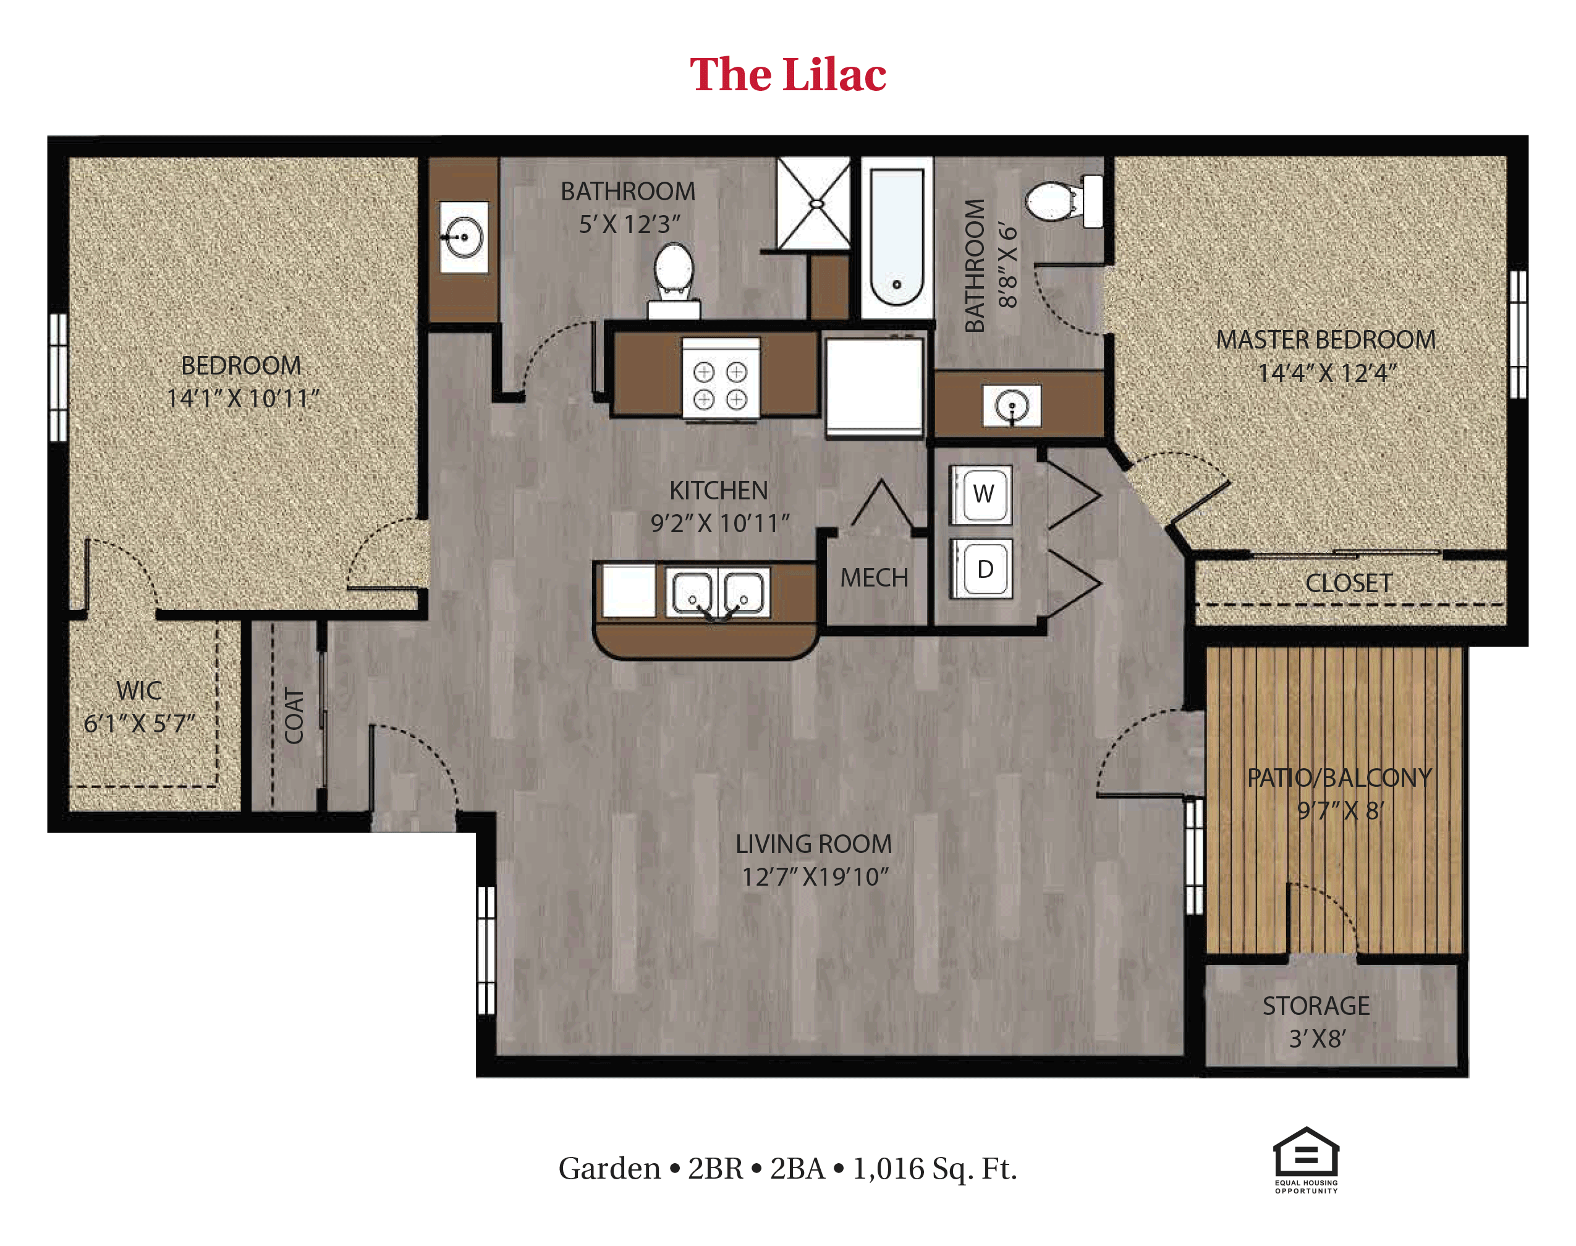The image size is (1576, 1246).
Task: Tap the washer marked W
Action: (981, 494)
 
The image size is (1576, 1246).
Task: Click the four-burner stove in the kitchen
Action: (721, 378)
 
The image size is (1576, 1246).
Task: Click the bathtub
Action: (896, 238)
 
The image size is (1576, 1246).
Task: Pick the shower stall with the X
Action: (813, 203)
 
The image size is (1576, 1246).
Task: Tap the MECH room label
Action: (874, 578)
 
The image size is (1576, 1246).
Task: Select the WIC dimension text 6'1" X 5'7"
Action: (139, 724)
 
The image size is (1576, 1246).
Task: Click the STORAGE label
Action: (1316, 1006)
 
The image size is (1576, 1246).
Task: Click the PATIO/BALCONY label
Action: (1339, 778)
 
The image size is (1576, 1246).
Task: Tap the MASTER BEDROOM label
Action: (1325, 340)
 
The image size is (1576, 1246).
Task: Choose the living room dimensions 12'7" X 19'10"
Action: (815, 877)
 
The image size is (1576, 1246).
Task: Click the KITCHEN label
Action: (718, 491)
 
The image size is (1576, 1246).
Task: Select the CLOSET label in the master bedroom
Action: (1349, 583)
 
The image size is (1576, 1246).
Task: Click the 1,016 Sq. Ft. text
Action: (934, 1169)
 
